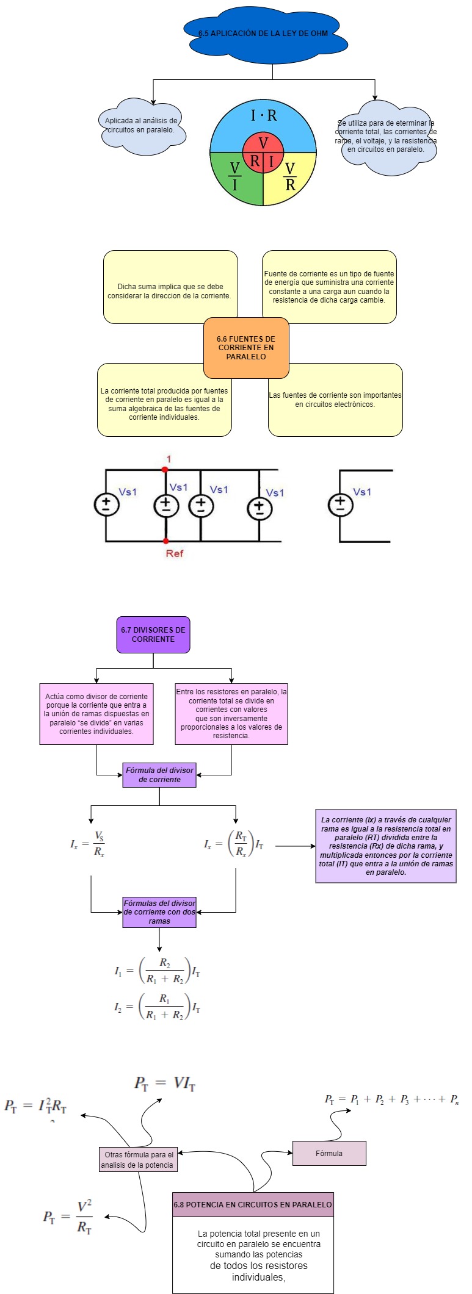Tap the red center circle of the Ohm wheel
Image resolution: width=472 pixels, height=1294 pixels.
[263, 153]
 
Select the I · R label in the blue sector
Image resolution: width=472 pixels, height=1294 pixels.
[263, 115]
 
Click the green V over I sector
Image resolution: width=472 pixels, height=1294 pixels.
[234, 176]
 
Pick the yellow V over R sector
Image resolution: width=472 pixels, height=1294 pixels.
[290, 176]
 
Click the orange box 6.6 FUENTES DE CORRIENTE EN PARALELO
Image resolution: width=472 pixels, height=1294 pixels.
[246, 348]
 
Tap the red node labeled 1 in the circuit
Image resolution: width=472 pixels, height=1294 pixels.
[165, 469]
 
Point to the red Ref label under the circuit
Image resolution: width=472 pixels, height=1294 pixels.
[174, 553]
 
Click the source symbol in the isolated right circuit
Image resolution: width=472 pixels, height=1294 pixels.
[340, 505]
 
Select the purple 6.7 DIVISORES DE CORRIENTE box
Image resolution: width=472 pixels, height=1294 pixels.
[153, 634]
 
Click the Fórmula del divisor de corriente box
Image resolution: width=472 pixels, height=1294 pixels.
[159, 775]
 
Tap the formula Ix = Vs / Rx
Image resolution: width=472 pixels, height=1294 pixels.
[88, 844]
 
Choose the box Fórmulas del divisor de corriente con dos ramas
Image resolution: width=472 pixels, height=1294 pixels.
[159, 912]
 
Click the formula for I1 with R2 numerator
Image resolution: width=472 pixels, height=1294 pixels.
[158, 971]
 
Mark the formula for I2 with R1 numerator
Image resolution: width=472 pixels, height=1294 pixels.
[158, 1007]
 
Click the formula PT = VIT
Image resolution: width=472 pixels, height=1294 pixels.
[165, 1084]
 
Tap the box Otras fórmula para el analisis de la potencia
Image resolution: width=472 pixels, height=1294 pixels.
[139, 1160]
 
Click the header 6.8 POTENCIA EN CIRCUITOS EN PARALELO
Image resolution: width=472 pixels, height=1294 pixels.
[253, 1205]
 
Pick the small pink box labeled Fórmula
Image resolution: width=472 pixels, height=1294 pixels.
[329, 1153]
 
